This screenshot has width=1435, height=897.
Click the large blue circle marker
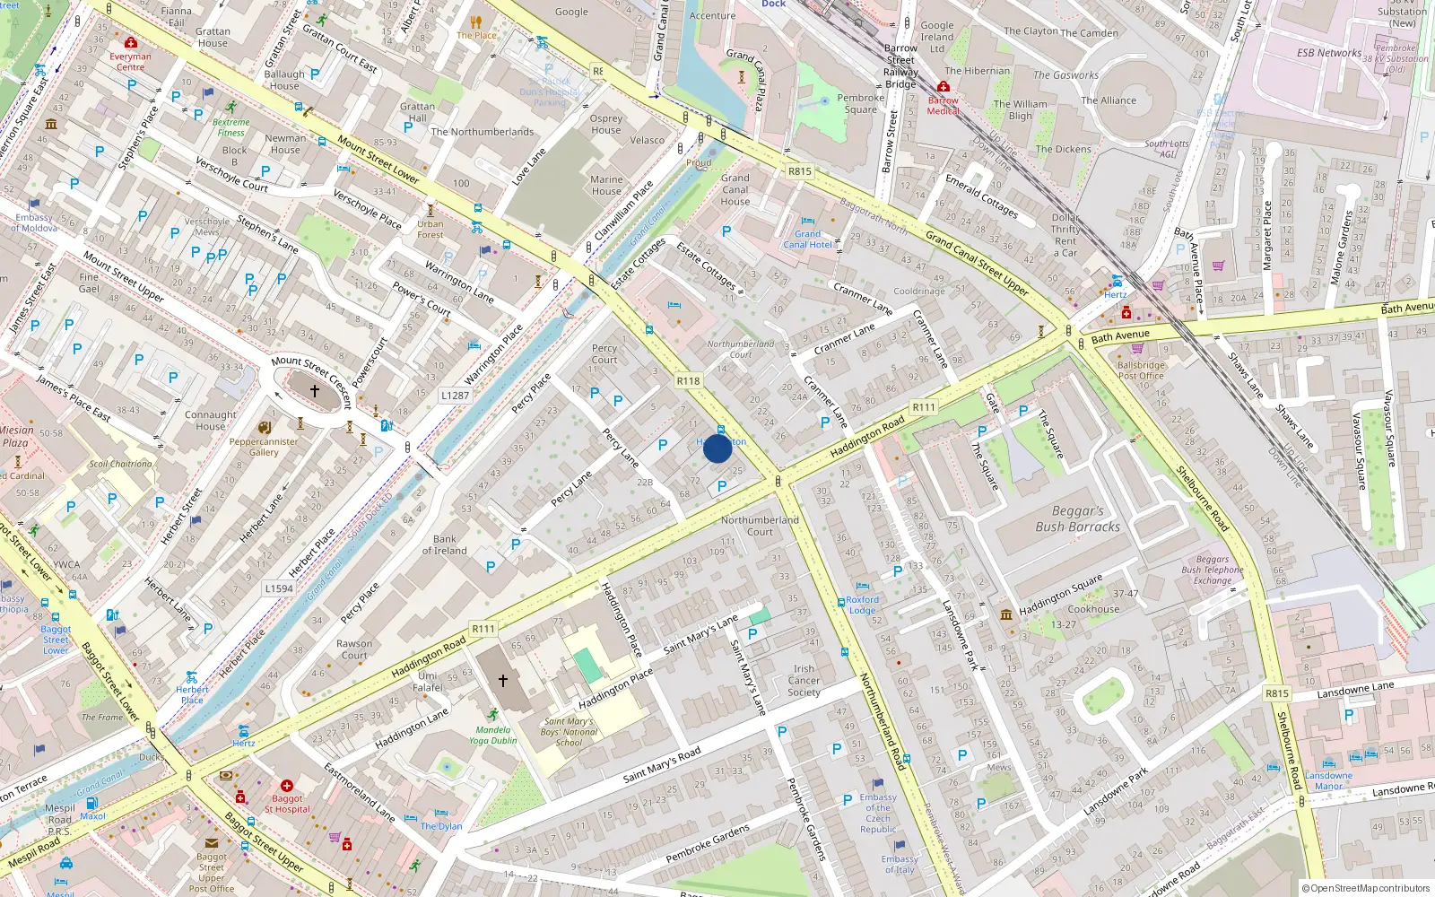(717, 448)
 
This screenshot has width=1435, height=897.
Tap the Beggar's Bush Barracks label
(1077, 518)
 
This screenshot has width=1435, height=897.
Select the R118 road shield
(688, 381)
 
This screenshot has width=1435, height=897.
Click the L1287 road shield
(455, 396)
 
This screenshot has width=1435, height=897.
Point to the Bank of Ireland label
(445, 545)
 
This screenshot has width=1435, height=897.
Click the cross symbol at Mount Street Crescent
(315, 391)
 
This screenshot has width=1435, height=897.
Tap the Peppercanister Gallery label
(264, 447)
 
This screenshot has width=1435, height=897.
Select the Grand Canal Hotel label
(807, 239)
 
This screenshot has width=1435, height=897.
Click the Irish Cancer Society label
(804, 680)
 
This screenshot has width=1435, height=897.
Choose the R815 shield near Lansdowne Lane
(1276, 693)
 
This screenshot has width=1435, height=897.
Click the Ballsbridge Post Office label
(1141, 370)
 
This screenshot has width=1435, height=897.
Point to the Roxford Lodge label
(862, 605)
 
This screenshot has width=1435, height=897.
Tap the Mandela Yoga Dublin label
(492, 735)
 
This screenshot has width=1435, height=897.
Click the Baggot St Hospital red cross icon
(287, 786)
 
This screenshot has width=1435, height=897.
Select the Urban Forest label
(430, 230)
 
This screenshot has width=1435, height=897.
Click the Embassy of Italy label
(899, 864)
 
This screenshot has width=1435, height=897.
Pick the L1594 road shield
(279, 589)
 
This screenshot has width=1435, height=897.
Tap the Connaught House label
(211, 420)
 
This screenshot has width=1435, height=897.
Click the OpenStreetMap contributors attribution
(1365, 888)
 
